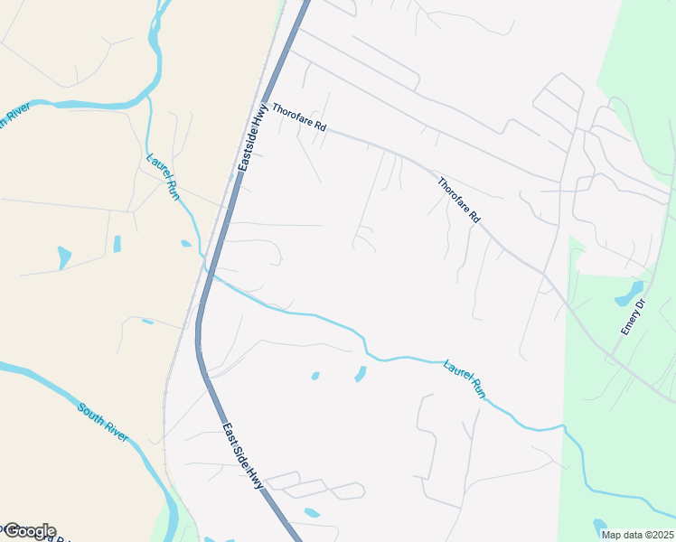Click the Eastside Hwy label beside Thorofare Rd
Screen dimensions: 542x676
(255, 136)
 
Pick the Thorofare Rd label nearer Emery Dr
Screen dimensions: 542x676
(458, 201)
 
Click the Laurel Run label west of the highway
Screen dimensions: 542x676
(164, 174)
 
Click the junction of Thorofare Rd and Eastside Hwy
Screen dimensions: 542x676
(264, 102)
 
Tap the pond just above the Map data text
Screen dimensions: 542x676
(599, 525)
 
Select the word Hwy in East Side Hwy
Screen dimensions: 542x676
(259, 476)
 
